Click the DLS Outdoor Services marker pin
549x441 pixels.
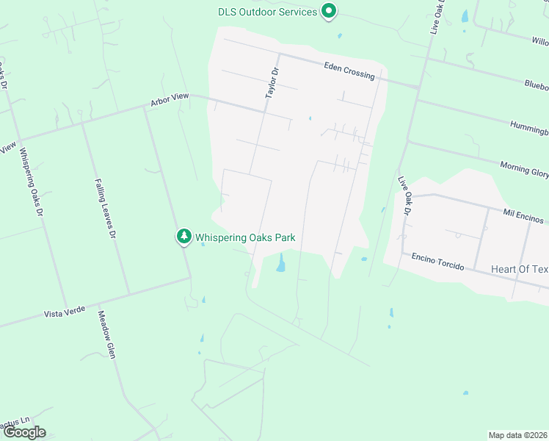(330, 12)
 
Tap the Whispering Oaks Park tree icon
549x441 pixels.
(183, 237)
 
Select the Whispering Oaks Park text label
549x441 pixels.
(244, 237)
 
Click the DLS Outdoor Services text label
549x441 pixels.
(268, 12)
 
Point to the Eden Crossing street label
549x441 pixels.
(349, 71)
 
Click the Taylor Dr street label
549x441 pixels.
(273, 84)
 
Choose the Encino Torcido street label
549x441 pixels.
(437, 261)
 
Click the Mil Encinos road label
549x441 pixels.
(523, 215)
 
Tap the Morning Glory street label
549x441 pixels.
(524, 168)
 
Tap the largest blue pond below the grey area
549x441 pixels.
(280, 262)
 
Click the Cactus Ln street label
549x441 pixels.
(15, 422)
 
